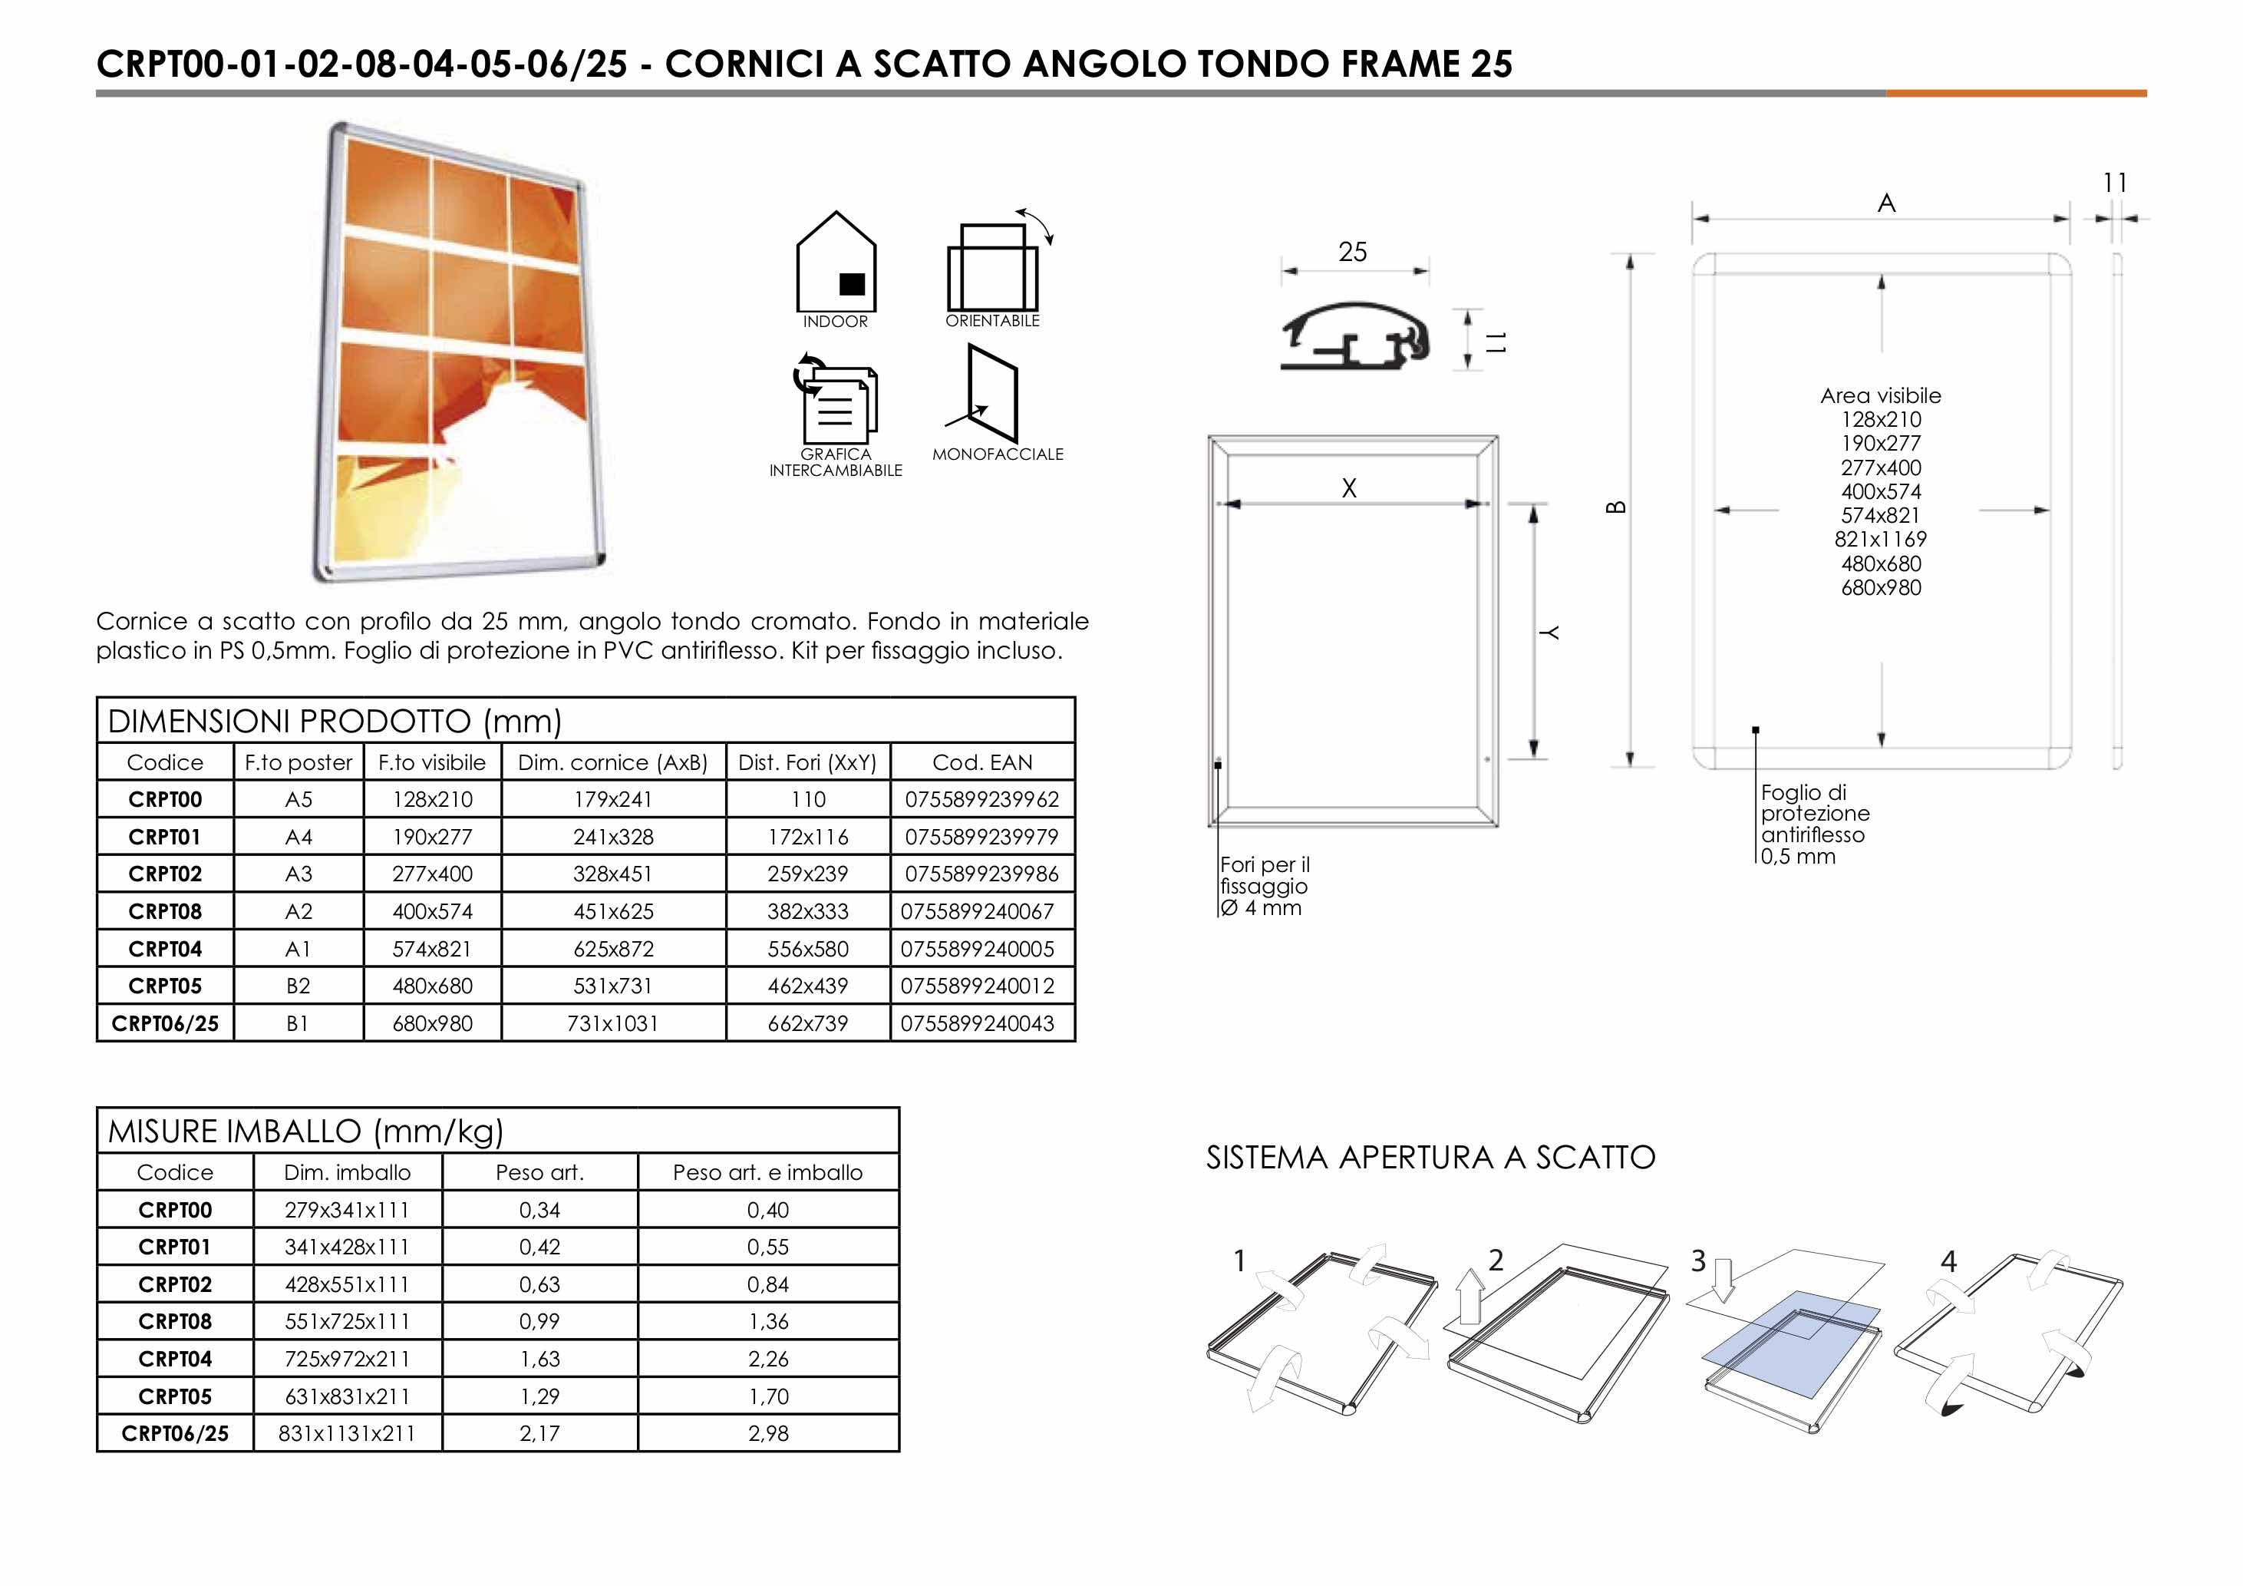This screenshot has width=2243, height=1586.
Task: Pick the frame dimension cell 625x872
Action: coord(612,949)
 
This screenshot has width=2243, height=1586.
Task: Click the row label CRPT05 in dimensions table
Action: coord(165,986)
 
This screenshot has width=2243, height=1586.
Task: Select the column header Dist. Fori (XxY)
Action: coord(807,762)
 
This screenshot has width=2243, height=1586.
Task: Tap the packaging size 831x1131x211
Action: coord(347,1433)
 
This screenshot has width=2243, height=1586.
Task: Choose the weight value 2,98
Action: coord(768,1433)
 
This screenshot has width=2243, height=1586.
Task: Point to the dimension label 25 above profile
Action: coord(1352,252)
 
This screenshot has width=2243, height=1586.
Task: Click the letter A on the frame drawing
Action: coord(1886,203)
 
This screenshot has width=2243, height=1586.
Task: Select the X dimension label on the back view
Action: coord(1349,488)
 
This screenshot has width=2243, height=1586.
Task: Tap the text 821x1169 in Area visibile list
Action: coord(1881,540)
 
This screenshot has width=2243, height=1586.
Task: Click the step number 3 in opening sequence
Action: coord(1698,1261)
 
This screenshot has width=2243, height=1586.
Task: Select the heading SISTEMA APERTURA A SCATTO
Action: coord(1430,1158)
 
